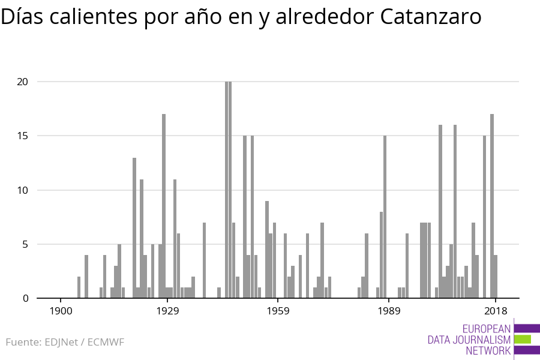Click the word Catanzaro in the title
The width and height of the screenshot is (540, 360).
431,17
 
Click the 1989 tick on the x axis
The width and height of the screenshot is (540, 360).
389,311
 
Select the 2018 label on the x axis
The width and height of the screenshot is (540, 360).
496,311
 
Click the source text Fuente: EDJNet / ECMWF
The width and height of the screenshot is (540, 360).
65,343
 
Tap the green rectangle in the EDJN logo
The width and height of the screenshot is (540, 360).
523,340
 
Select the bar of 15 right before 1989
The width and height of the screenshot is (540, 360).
385,217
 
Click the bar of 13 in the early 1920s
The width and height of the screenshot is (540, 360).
134,228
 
